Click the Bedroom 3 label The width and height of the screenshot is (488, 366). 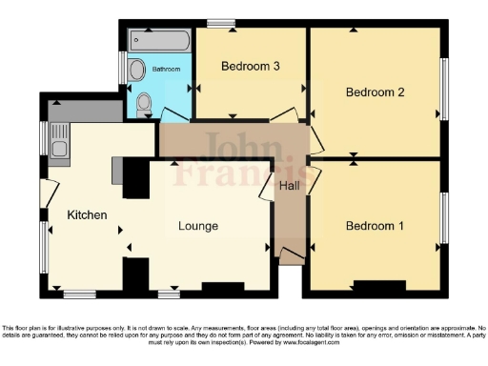click(x=251, y=67)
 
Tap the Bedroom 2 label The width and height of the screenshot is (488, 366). click(x=376, y=92)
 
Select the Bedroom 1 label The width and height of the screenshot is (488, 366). click(x=375, y=226)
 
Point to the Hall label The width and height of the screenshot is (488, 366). click(x=290, y=186)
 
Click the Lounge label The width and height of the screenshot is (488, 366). click(x=198, y=226)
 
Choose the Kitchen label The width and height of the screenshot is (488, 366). click(x=87, y=215)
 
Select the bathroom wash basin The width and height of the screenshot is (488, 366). click(x=136, y=69)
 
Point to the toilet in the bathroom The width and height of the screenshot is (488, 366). click(x=144, y=103)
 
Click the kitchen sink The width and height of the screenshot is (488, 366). click(x=58, y=149)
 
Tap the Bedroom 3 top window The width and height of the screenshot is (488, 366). click(x=222, y=24)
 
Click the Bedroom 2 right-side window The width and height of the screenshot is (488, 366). click(x=443, y=89)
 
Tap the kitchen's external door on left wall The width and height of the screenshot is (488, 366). click(x=43, y=194)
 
